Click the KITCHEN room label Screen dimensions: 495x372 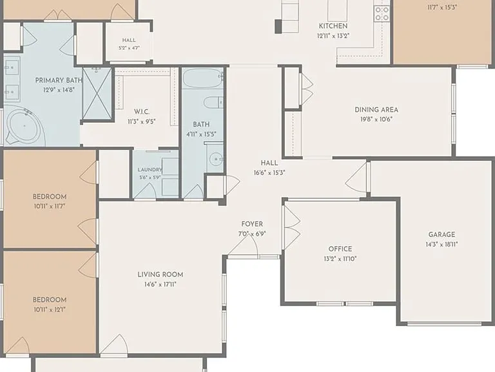(x=333, y=26)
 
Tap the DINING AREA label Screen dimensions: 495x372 (x=376, y=110)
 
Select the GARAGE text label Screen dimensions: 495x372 (x=442, y=234)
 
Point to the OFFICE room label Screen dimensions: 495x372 (x=340, y=249)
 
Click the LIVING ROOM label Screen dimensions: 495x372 (x=160, y=274)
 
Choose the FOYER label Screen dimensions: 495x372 (x=252, y=224)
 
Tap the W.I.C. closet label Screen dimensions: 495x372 (x=142, y=112)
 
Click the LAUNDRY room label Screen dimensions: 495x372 (x=150, y=170)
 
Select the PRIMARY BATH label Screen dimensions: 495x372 (x=59, y=80)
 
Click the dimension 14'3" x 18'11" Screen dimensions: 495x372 (x=442, y=244)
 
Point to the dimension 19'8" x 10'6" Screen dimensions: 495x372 (x=376, y=119)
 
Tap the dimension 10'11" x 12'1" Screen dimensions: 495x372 (x=50, y=310)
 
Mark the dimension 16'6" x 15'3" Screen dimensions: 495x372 (x=269, y=173)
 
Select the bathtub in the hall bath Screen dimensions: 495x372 (x=202, y=77)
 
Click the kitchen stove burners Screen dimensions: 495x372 (x=382, y=14)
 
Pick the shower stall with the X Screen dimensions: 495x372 (x=97, y=93)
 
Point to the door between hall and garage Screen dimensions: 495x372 (x=356, y=180)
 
